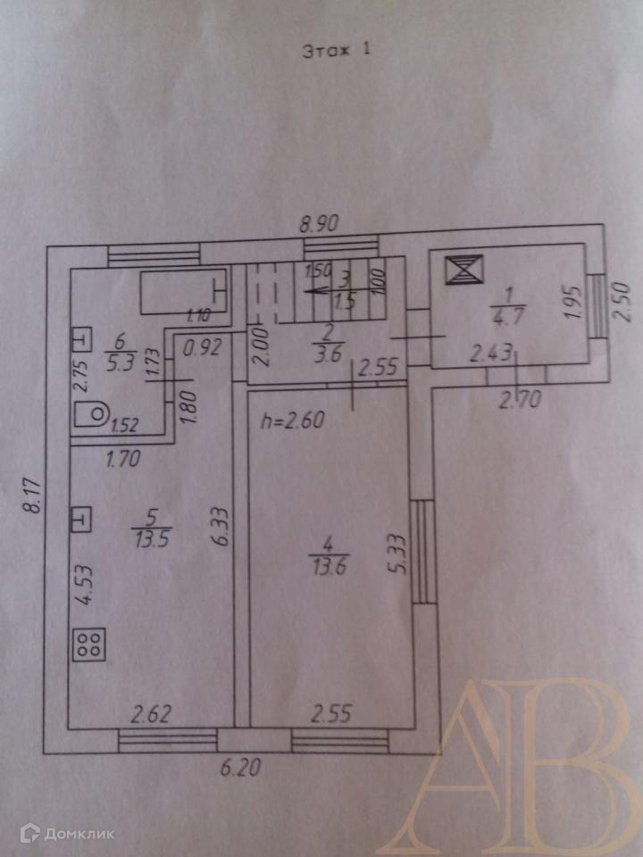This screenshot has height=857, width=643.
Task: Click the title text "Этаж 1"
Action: point(336,51)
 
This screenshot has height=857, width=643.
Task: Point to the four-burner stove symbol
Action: point(88,645)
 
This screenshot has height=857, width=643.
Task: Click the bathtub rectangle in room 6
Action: point(183,292)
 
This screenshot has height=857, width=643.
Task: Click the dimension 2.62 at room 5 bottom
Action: point(152,715)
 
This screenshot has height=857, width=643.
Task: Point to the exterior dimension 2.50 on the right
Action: point(624,302)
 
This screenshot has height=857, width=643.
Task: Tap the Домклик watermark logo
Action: point(66,835)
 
